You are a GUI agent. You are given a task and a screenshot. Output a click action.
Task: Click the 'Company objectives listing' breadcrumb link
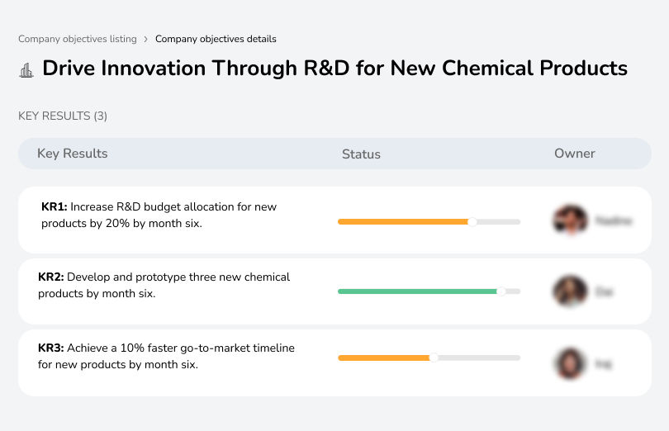[77, 39]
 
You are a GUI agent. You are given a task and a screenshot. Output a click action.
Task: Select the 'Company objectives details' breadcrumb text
[216, 39]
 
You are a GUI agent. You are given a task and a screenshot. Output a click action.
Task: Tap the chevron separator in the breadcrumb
[145, 39]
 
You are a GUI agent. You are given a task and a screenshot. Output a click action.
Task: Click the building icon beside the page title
[26, 70]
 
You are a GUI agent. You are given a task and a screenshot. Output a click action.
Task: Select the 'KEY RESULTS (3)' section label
[63, 116]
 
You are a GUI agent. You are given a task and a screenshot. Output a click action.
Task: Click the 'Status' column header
[361, 154]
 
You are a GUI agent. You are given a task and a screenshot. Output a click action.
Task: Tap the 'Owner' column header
[574, 154]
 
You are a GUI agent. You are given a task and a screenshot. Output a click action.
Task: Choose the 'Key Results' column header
[72, 154]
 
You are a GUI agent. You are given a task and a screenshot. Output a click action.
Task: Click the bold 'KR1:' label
[54, 206]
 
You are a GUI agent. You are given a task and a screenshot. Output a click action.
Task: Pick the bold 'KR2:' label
[51, 277]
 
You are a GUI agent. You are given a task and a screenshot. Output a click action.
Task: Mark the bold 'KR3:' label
[51, 348]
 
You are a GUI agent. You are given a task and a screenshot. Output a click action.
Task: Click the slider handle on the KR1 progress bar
[472, 221]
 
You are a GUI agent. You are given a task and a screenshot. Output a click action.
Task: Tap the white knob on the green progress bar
[501, 291]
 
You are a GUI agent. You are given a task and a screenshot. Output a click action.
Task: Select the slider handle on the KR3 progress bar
[434, 358]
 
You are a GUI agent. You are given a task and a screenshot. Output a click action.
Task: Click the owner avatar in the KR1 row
[569, 220]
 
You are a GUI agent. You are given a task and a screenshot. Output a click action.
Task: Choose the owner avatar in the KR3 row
[569, 362]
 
